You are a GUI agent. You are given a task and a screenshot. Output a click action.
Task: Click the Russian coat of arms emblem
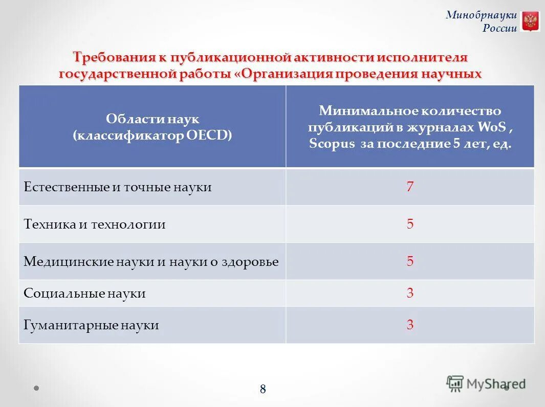530,21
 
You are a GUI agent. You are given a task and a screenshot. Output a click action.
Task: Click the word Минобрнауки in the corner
481,15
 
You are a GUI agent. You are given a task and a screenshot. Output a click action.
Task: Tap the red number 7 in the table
410,187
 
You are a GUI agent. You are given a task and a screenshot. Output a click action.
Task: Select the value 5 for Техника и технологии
410,224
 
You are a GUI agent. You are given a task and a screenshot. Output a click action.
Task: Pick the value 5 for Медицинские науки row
410,261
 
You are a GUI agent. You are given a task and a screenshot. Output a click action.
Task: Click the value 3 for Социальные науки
410,293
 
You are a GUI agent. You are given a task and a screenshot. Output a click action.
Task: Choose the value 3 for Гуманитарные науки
410,325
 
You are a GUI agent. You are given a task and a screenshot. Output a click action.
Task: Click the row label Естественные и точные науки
118,187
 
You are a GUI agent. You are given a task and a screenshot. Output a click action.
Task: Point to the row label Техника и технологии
95,224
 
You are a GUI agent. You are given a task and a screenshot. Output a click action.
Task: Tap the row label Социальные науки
85,293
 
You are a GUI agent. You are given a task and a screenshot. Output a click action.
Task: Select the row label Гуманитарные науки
91,325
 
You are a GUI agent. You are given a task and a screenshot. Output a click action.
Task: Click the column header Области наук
152,119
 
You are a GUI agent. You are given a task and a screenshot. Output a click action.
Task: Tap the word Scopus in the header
332,144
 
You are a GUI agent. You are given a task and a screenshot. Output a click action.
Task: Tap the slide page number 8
263,389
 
